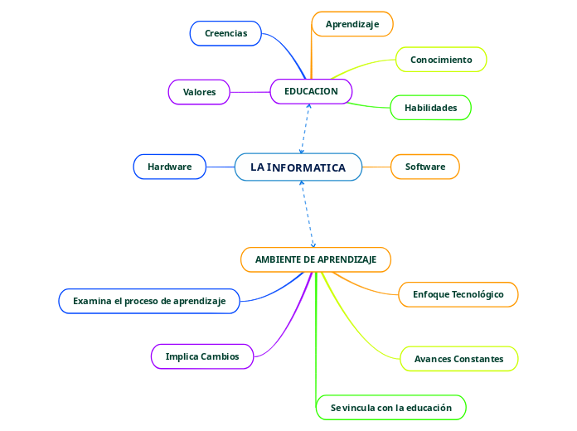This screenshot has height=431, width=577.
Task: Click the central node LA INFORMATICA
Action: click(298, 167)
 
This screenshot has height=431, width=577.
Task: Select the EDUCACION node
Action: click(311, 91)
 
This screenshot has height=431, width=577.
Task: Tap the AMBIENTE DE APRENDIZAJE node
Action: click(316, 259)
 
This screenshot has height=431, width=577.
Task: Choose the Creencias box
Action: click(225, 33)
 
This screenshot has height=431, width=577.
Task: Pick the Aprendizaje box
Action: click(352, 24)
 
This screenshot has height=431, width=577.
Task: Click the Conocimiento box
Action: click(441, 60)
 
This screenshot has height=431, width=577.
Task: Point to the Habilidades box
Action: click(430, 108)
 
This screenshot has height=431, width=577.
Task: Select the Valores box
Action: click(199, 92)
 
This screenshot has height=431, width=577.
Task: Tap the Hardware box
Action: click(169, 167)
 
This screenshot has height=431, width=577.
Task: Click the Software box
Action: click(425, 167)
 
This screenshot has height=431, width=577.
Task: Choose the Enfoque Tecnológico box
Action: click(458, 294)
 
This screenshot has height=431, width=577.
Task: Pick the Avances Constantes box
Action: click(458, 359)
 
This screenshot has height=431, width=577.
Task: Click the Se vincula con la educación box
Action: click(391, 408)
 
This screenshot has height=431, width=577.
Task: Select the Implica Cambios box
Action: click(202, 356)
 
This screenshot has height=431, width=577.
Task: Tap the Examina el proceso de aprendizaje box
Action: click(149, 301)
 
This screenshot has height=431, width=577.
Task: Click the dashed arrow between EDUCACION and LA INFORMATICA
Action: click(305, 128)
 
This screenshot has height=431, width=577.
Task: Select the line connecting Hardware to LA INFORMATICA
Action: click(221, 167)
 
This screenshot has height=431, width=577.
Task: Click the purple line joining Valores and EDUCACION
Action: click(250, 92)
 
